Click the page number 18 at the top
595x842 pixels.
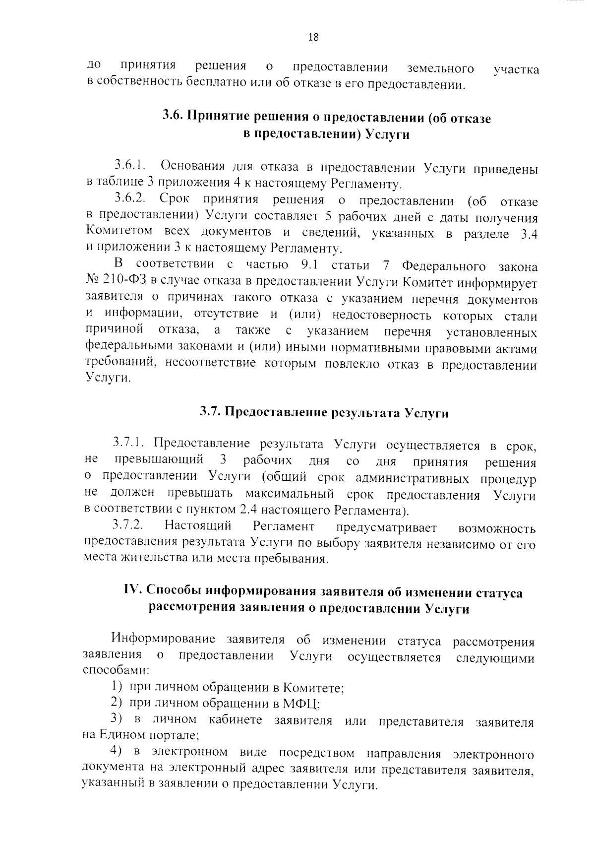pos(313,37)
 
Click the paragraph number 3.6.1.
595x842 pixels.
pos(129,165)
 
